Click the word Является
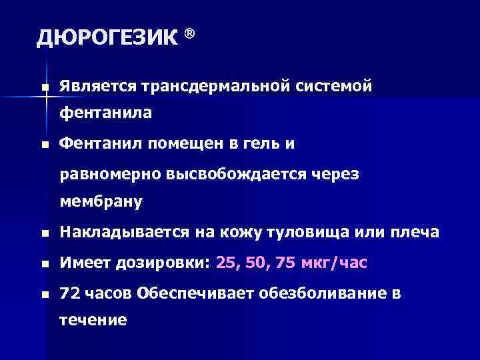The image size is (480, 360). coord(97,87)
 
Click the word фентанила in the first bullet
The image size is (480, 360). coord(105,114)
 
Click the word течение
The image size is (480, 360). coord(93,321)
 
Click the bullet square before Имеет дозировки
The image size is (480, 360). coord(43,264)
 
